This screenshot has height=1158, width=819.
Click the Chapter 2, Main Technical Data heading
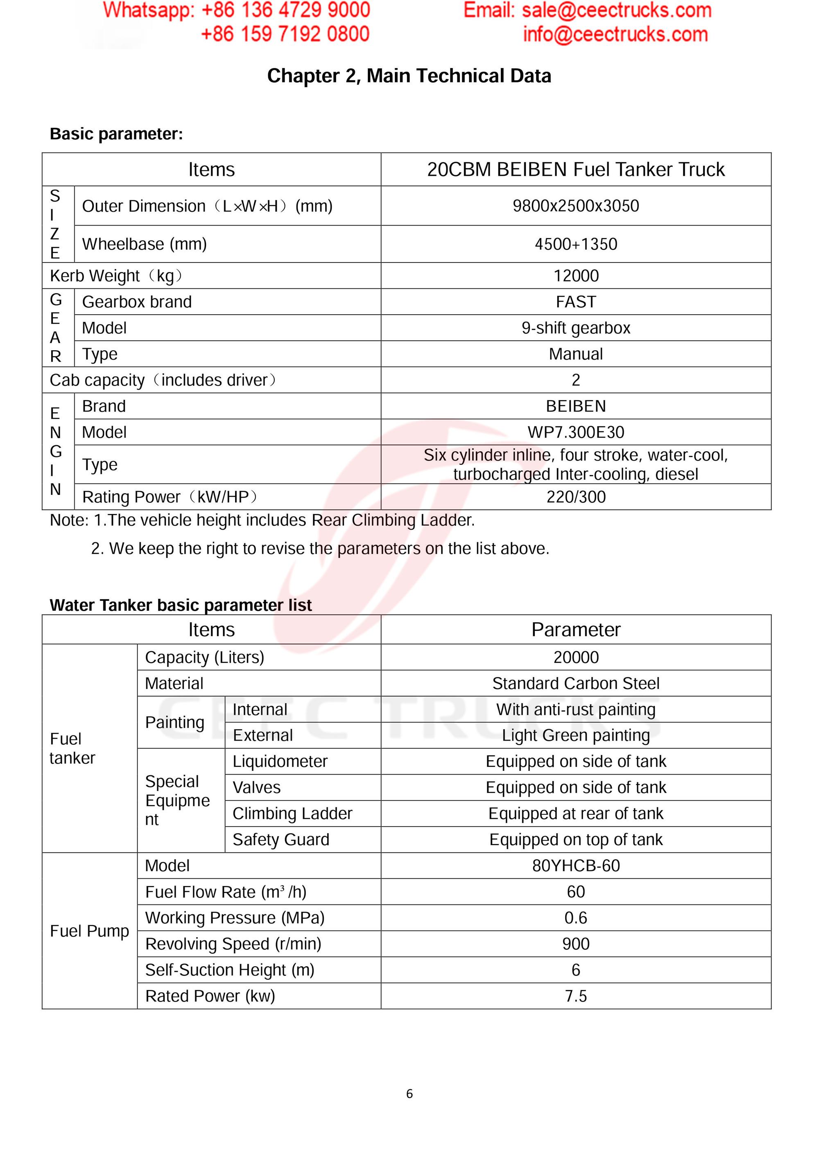409,76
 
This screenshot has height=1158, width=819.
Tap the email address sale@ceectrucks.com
616,11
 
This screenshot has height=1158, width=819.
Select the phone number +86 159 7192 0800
285,34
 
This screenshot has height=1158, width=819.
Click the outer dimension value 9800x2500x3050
575,206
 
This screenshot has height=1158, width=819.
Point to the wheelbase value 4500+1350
575,244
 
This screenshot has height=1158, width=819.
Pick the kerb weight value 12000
576,276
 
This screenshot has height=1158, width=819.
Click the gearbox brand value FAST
576,301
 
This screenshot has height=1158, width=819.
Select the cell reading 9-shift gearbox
576,328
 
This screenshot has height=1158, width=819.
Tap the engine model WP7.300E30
576,432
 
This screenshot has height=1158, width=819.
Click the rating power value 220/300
576,497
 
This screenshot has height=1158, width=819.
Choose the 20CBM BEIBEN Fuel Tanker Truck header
575,170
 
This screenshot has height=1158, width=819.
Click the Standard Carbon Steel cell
576,683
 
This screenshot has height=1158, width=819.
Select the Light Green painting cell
576,735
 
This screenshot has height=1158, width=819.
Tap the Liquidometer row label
280,761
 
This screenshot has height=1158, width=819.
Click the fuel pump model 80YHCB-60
576,866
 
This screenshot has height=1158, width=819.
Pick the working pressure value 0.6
576,918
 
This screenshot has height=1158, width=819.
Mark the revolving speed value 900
576,944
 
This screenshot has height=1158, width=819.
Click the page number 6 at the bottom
409,1093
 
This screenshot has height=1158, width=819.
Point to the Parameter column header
576,630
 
